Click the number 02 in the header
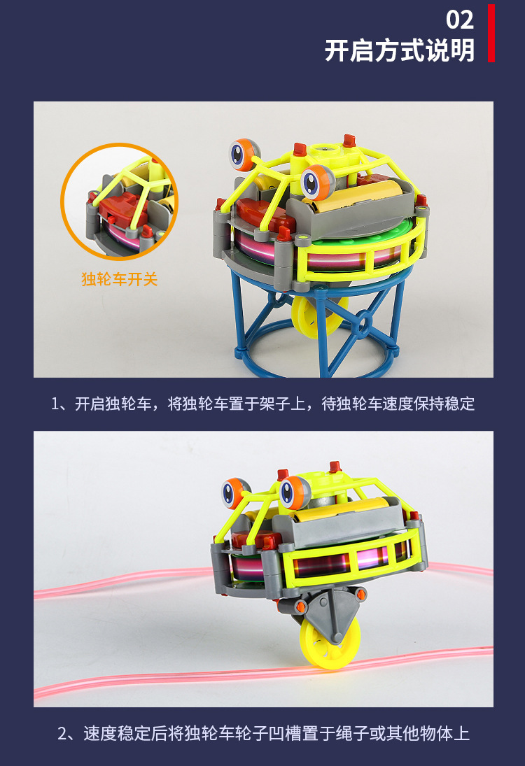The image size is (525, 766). (459, 19)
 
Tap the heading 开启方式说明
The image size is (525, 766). (399, 50)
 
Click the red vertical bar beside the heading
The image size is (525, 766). (491, 33)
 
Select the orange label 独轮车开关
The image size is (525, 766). (120, 280)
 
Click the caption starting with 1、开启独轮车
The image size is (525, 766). (262, 404)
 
